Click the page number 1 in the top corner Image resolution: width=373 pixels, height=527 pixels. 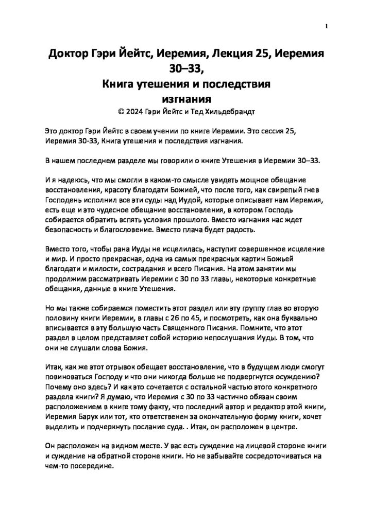point(327,26)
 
